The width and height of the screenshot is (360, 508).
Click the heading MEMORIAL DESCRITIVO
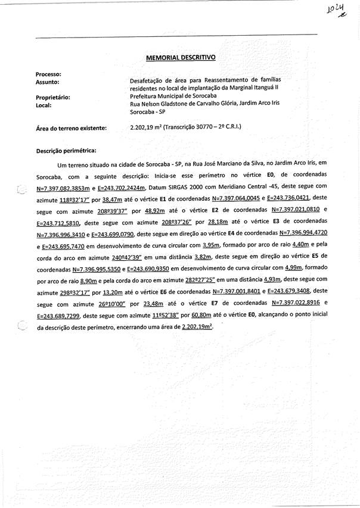tap(181, 58)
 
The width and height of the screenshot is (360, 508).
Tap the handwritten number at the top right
tap(336, 10)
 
